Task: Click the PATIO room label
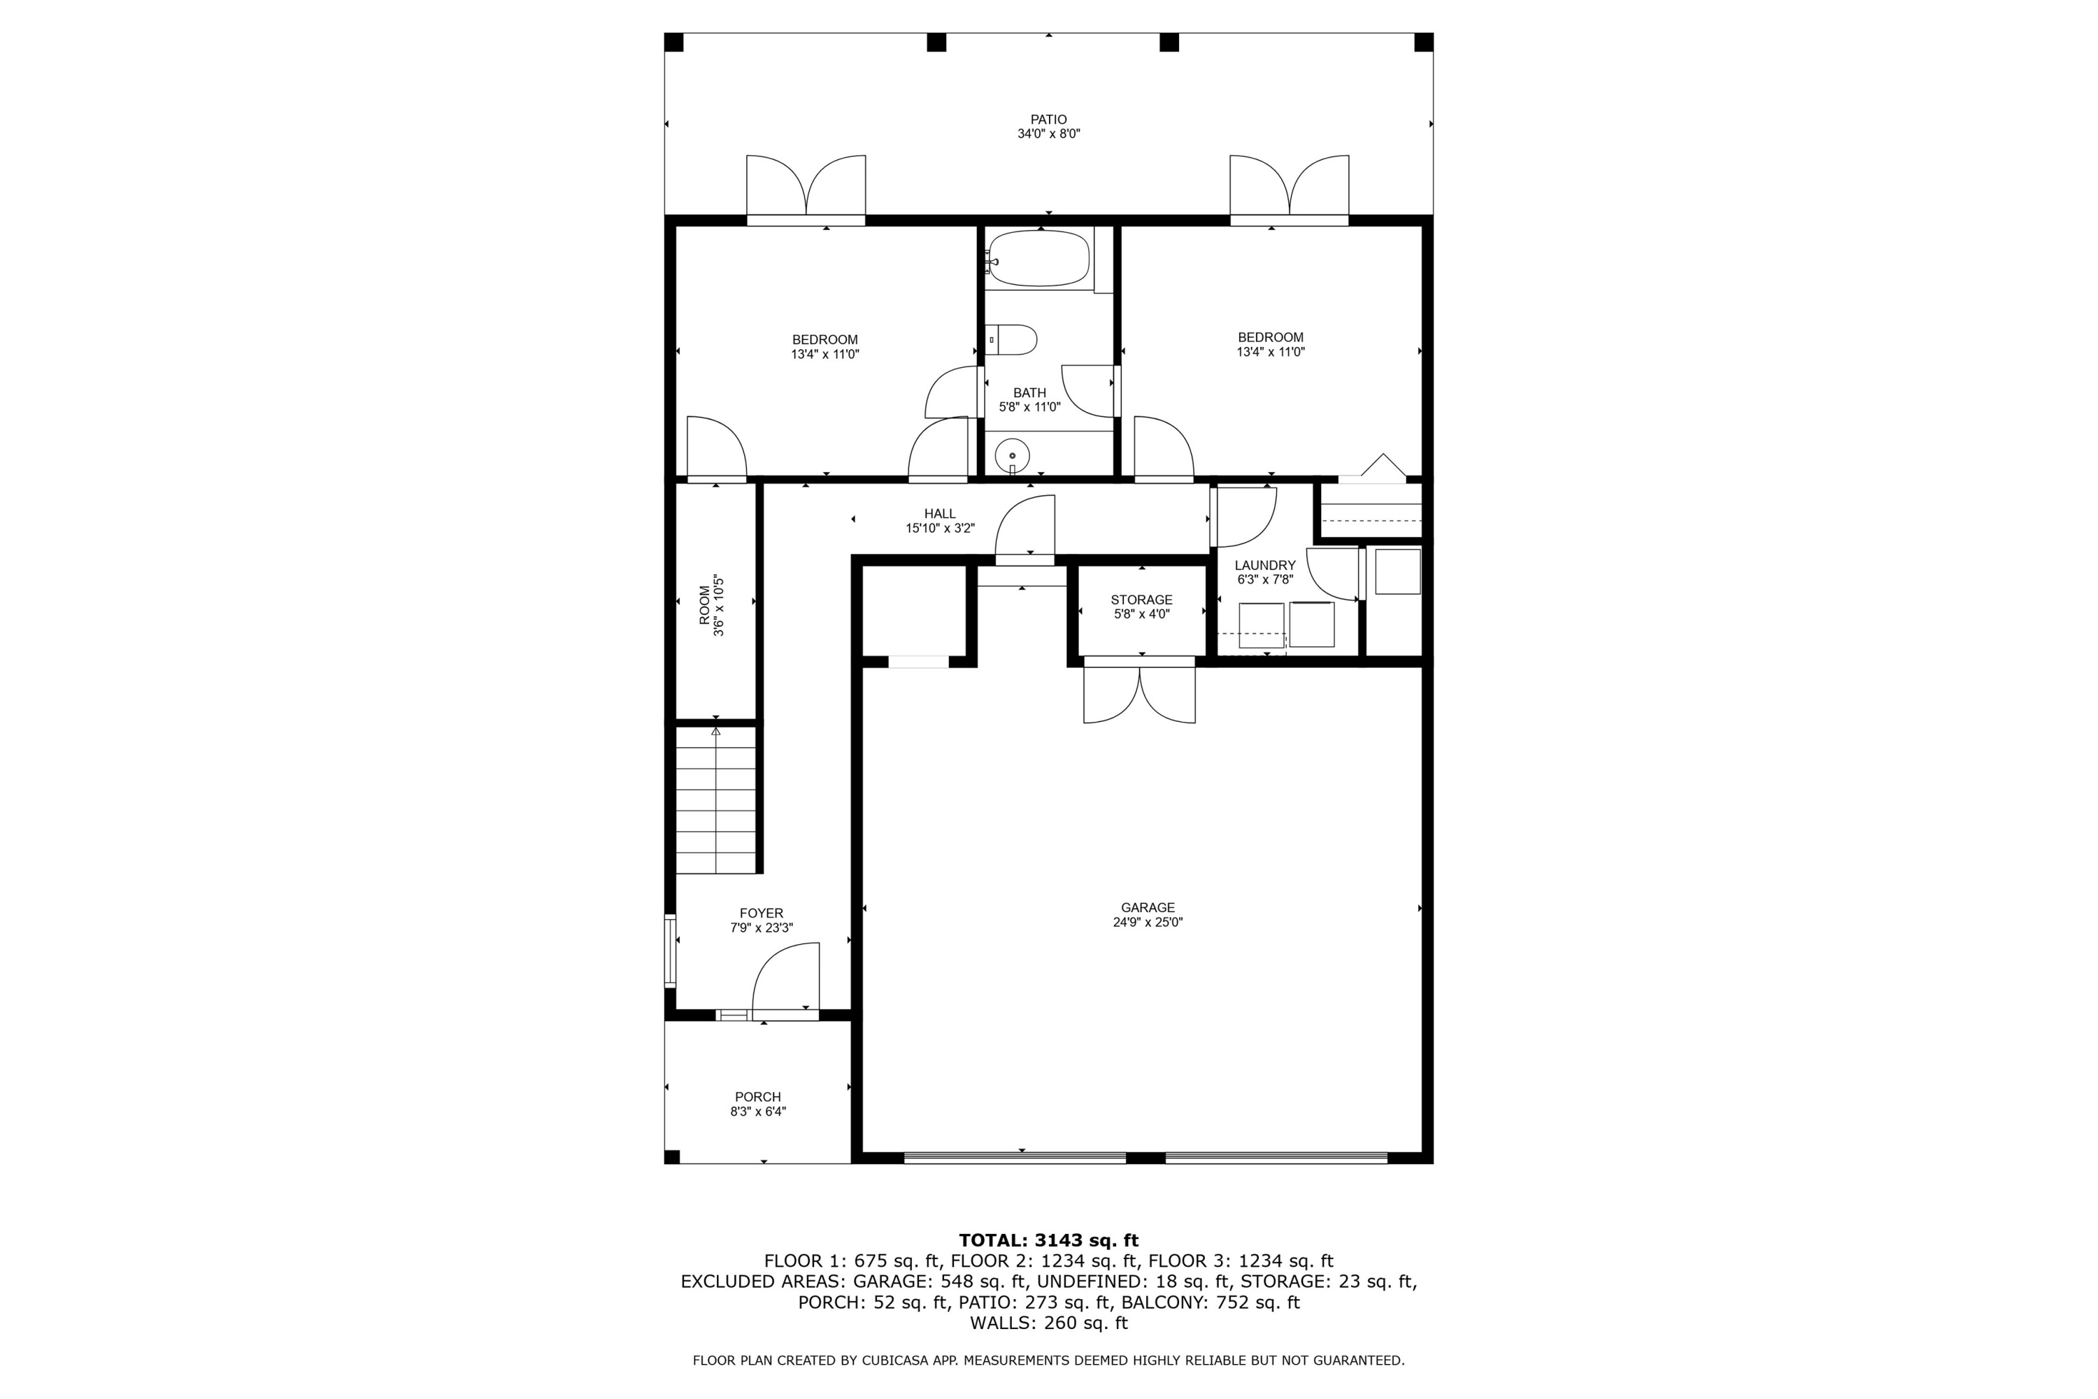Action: [x=1048, y=120]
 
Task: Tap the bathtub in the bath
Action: [x=1039, y=259]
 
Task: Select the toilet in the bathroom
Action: [x=1014, y=340]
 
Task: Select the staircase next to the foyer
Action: [x=715, y=800]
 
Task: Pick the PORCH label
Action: [x=757, y=1098]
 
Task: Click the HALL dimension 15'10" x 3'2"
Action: [x=939, y=528]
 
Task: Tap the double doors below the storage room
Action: [x=1139, y=694]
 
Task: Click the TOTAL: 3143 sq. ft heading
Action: [x=1048, y=1240]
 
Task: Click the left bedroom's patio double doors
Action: [x=806, y=187]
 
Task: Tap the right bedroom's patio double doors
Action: [x=1289, y=187]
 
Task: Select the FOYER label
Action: [x=761, y=914]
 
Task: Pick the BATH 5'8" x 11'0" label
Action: [x=1029, y=399]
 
